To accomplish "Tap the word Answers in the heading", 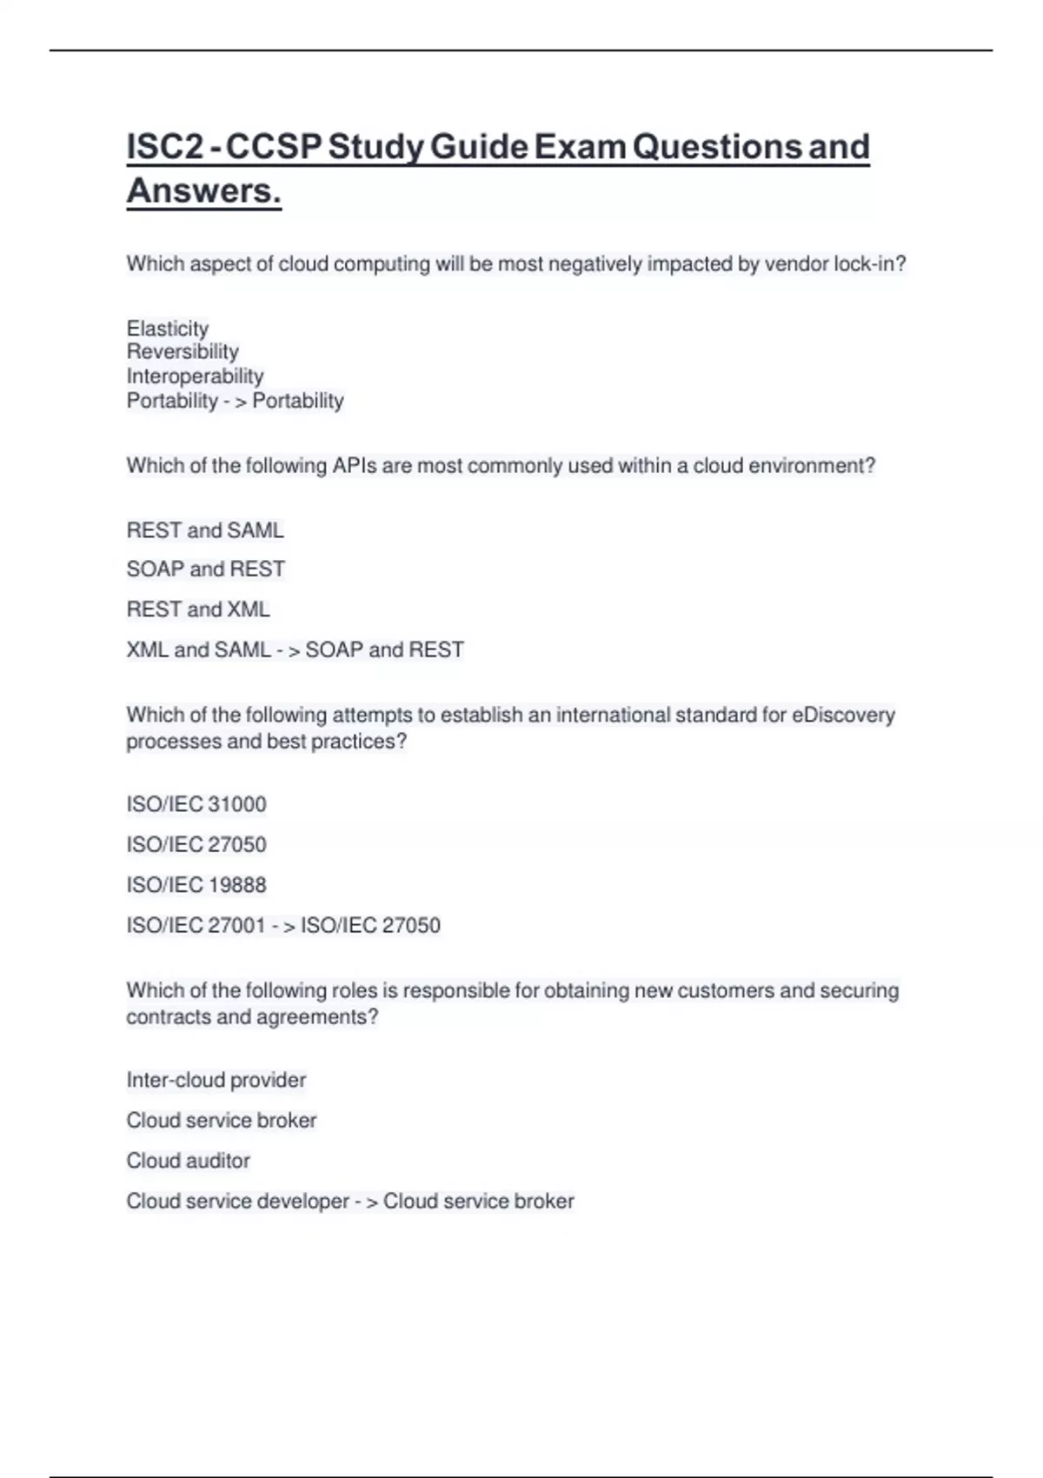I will coord(203,191).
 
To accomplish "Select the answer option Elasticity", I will coord(168,329).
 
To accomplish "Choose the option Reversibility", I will coord(183,352).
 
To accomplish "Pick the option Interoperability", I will coord(195,376).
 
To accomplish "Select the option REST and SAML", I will coord(205,530).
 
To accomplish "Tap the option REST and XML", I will coord(198,609).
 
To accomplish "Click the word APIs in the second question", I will coord(355,466).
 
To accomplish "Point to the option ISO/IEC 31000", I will coord(196,804).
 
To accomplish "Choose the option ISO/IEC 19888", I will coord(196,885).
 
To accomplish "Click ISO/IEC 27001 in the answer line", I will coord(196,925).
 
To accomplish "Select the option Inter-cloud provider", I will coord(216,1080).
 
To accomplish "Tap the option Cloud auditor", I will coord(189,1161).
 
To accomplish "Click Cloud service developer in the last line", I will coord(237,1202).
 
